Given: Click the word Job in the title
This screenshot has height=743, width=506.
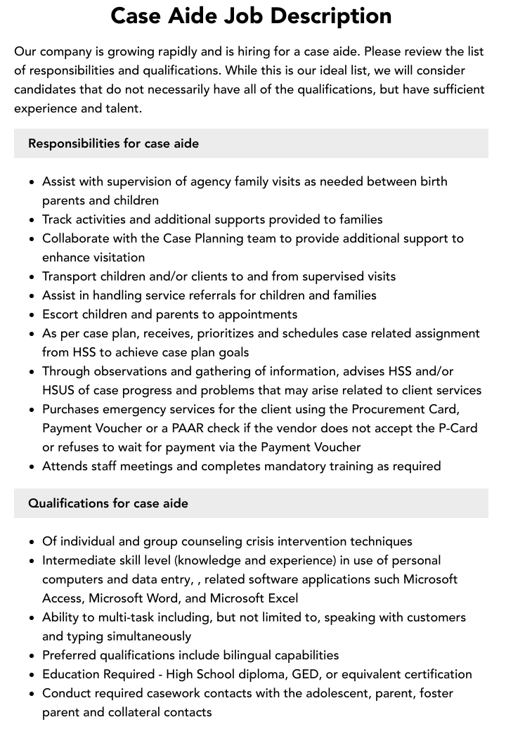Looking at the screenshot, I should [244, 15].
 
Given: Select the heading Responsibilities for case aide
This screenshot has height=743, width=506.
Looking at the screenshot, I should [113, 143].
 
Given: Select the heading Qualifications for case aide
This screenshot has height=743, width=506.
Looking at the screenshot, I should [108, 503].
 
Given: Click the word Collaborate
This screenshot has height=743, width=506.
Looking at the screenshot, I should [78, 238].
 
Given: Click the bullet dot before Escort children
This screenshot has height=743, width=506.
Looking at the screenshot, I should [32, 315].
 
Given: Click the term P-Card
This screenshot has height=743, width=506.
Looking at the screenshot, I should [455, 428].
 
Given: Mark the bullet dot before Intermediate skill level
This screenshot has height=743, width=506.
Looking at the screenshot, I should [32, 561].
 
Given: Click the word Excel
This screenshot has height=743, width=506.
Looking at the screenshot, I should [281, 598].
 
